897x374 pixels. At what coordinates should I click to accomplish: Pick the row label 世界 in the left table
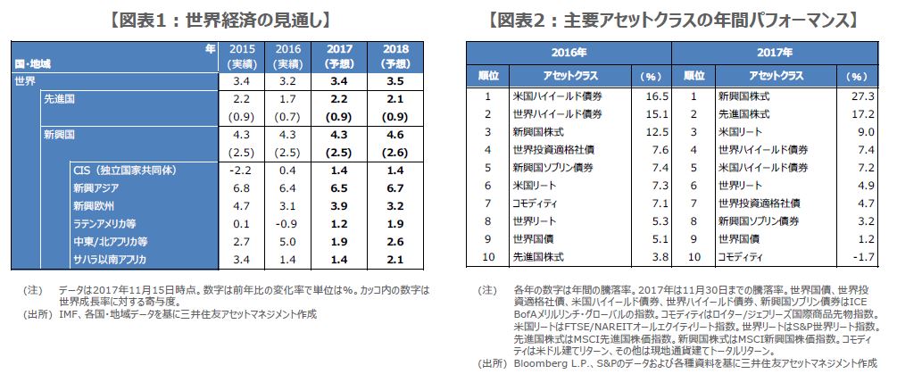coord(26,82)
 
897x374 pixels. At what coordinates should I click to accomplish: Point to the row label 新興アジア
coord(97,188)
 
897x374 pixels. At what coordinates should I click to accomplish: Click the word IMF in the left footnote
coord(69,314)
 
